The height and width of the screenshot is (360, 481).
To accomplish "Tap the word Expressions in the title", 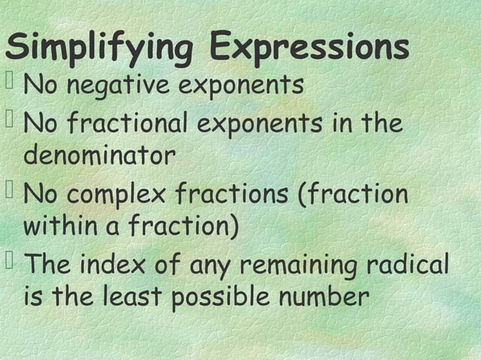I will [x=310, y=49].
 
